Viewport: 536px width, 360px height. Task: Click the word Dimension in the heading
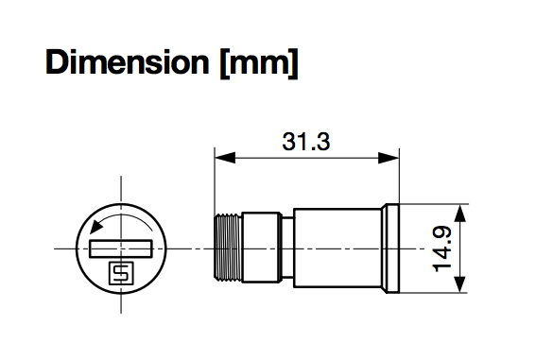click(128, 61)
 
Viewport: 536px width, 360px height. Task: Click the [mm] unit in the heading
click(259, 63)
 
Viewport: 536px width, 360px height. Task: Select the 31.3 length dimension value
click(306, 142)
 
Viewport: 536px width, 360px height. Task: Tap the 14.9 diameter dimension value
click(442, 249)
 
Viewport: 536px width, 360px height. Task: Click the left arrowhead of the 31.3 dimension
click(225, 158)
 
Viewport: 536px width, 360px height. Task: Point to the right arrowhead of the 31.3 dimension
click(389, 158)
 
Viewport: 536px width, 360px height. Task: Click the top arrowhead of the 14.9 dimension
click(460, 214)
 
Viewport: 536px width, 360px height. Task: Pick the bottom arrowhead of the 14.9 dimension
click(460, 283)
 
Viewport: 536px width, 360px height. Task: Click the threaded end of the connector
click(228, 248)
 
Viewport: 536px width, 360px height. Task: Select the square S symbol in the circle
click(121, 273)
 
